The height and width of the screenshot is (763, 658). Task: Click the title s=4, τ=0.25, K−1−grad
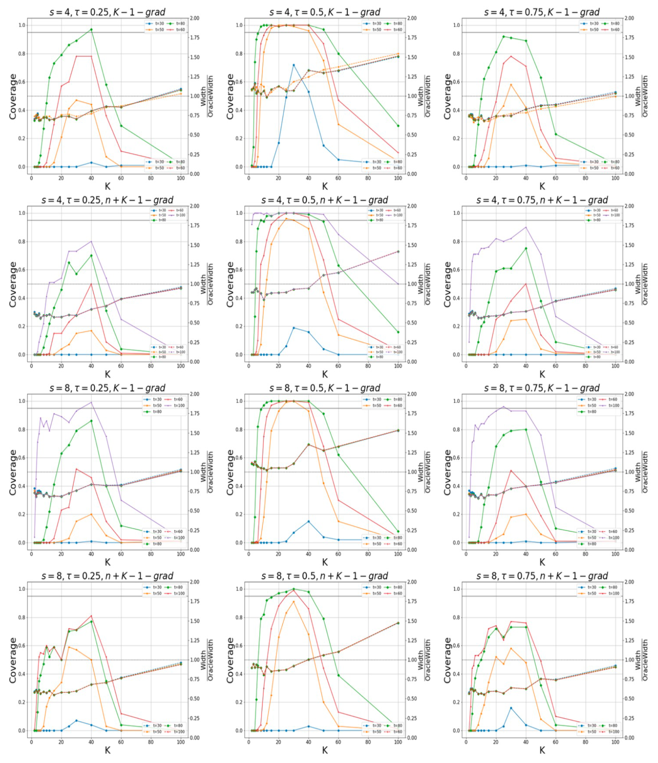(107, 12)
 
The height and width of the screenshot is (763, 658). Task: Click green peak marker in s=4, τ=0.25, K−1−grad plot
(91, 29)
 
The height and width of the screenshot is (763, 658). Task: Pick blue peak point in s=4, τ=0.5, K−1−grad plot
(294, 65)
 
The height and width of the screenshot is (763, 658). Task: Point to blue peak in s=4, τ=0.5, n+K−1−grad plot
(294, 328)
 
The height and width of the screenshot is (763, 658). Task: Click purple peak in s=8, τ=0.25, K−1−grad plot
(91, 402)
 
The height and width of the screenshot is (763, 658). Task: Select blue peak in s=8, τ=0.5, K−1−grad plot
(308, 521)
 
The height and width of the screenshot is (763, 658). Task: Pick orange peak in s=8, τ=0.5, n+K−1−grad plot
(294, 602)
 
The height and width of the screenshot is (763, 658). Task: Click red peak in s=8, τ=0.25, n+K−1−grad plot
(91, 616)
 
